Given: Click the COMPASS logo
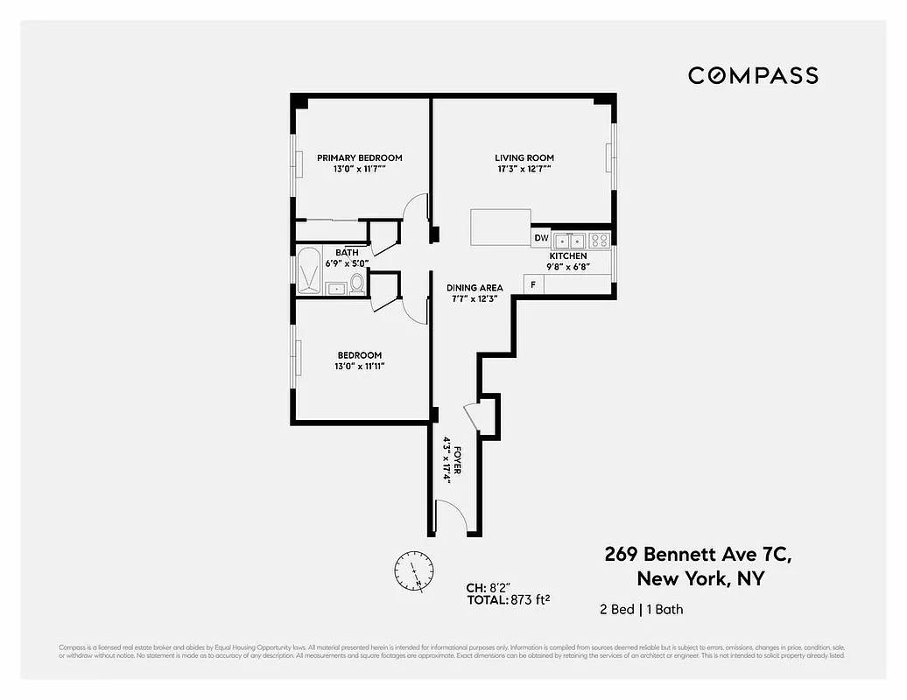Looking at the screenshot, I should click(753, 75).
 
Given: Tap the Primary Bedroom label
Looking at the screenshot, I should click(359, 157).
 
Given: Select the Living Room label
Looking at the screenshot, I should click(524, 157).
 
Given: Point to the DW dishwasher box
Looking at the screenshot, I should click(541, 238).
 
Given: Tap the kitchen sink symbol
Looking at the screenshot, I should click(569, 240).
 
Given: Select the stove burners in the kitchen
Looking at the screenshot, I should click(599, 240).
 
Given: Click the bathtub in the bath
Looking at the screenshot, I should click(309, 270).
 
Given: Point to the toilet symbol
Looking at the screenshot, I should click(356, 283).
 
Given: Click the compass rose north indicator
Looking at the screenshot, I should click(412, 570).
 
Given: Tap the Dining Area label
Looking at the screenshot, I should click(475, 287).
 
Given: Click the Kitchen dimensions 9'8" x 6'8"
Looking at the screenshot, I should click(568, 268).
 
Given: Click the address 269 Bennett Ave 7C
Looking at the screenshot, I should click(698, 554).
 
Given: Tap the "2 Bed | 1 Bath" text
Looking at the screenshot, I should click(642, 609).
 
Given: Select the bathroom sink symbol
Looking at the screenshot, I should click(334, 287).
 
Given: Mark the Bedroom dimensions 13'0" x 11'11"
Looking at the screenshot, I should click(359, 367).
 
